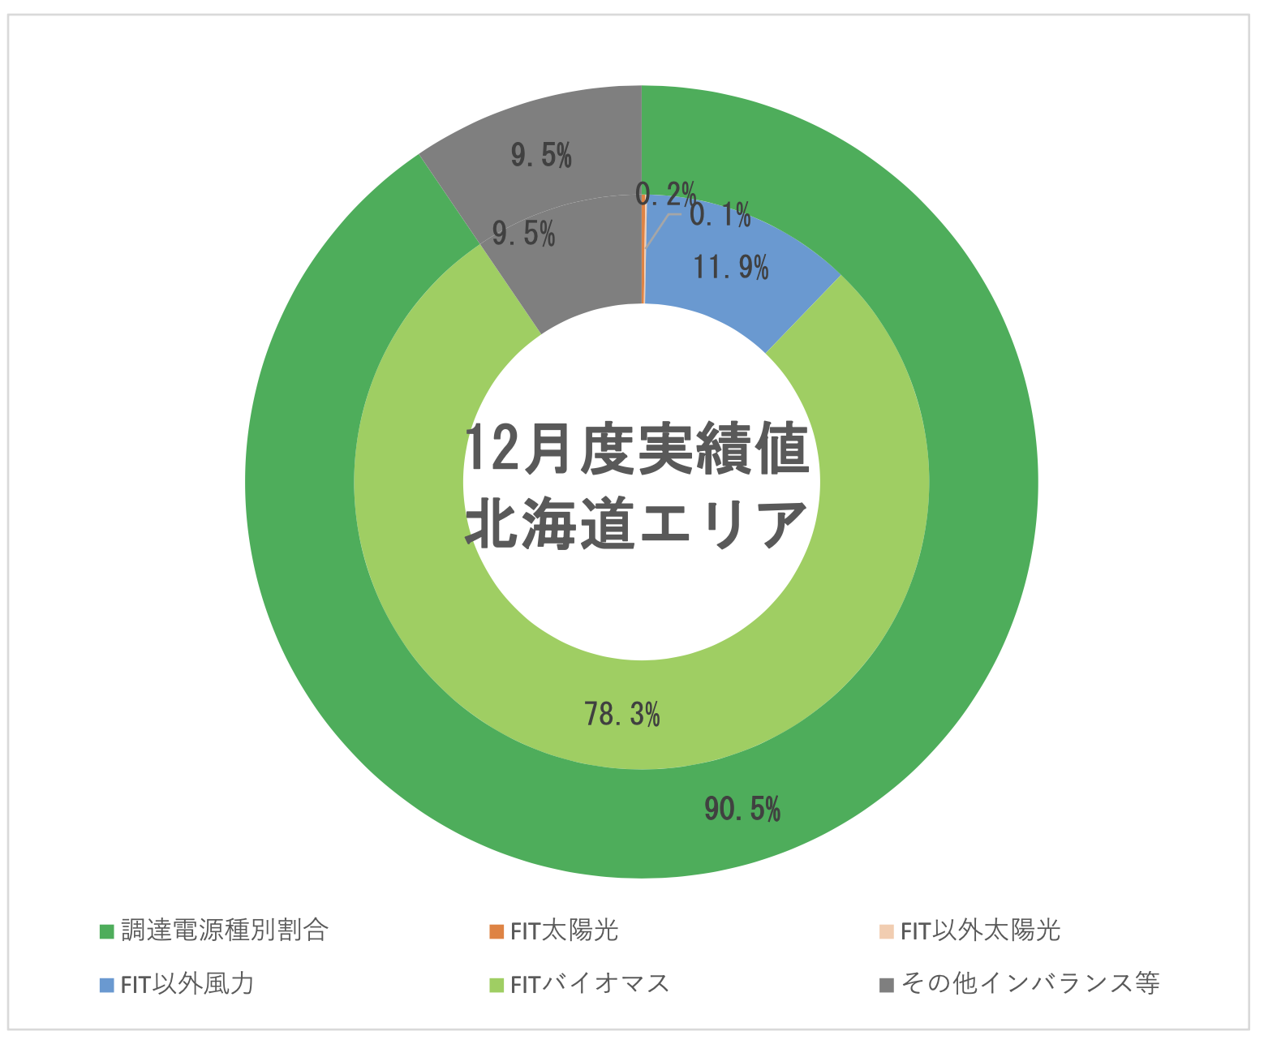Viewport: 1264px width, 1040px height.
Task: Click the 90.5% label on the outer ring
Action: (x=742, y=810)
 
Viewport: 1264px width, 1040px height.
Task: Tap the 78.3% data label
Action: (x=622, y=714)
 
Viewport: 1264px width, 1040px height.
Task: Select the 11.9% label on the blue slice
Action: (x=730, y=267)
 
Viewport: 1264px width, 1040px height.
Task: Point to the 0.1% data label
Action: (x=720, y=215)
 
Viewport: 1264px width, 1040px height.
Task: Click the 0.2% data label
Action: (x=665, y=193)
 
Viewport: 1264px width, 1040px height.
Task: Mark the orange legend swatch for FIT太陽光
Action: (x=497, y=931)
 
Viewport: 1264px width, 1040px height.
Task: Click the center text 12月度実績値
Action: (x=637, y=451)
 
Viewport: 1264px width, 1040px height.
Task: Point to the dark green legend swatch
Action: (x=106, y=931)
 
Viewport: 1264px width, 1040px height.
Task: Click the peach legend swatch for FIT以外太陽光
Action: (x=887, y=931)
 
